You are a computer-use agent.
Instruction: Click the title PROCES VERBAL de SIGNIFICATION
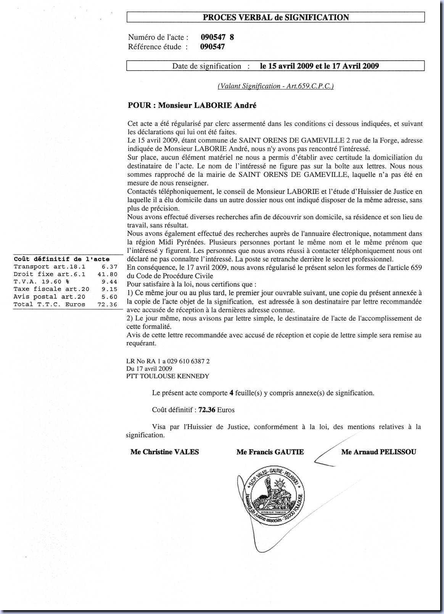[275, 18]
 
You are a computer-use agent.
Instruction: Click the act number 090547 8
[217, 37]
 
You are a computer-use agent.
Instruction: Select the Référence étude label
[158, 47]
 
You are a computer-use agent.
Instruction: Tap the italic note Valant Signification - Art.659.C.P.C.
[275, 86]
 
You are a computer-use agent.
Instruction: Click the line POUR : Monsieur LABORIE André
[192, 106]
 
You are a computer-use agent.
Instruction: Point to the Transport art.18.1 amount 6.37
[109, 267]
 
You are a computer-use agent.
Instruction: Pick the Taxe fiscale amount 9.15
[109, 289]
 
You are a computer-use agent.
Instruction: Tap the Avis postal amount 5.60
[109, 297]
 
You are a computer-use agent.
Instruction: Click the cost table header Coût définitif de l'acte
[62, 259]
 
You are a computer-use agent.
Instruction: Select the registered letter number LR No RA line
[168, 361]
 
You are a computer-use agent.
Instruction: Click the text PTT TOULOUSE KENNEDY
[168, 376]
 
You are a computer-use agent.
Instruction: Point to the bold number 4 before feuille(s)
[231, 393]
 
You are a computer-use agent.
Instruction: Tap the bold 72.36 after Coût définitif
[207, 410]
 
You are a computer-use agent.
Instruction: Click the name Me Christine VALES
[164, 452]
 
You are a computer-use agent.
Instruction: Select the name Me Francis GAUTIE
[270, 452]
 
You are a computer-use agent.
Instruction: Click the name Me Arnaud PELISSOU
[378, 452]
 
